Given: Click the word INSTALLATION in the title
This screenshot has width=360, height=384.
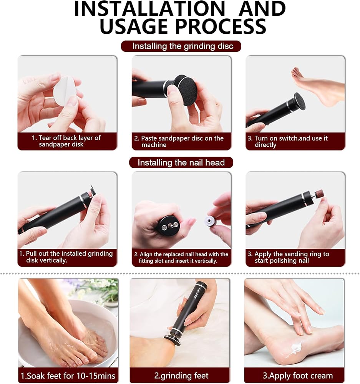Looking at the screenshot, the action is pyautogui.click(x=149, y=9).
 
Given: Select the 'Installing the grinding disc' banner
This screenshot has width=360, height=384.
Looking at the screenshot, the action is pyautogui.click(x=181, y=46).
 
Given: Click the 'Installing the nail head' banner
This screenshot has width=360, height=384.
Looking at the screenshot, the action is pyautogui.click(x=181, y=162).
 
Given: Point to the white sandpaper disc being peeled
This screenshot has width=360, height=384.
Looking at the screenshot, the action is pyautogui.click(x=64, y=91).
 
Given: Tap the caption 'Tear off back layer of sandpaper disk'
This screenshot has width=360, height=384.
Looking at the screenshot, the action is pyautogui.click(x=66, y=141).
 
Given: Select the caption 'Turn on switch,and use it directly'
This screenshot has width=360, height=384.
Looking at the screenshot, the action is pyautogui.click(x=287, y=141).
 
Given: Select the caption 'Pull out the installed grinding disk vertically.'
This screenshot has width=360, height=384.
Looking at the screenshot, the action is pyautogui.click(x=66, y=257).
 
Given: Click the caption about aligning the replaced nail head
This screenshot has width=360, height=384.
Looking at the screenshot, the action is pyautogui.click(x=181, y=257).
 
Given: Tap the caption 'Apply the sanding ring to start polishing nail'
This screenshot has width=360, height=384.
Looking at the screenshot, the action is pyautogui.click(x=288, y=257).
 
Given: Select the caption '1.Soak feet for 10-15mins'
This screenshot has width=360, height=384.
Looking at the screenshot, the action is pyautogui.click(x=68, y=376).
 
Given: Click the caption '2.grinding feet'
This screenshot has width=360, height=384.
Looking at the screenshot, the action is pyautogui.click(x=181, y=376).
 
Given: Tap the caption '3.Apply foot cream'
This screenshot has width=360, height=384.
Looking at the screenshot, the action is pyautogui.click(x=297, y=376).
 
